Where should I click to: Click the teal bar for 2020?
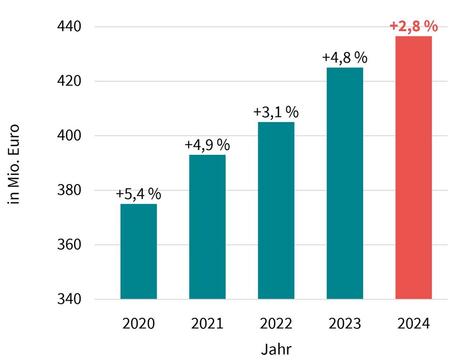tap(139, 251)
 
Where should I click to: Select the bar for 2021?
tap(207, 226)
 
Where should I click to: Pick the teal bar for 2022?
tap(276, 210)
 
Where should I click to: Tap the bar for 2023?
tap(345, 183)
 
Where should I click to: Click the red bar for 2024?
tap(413, 167)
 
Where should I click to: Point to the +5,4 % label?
tap(139, 194)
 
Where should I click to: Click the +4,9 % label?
tap(207, 145)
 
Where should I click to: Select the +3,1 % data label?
tap(276, 112)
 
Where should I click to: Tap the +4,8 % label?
tap(345, 58)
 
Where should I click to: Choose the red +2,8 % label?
tap(414, 26)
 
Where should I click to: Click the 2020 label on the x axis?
tap(139, 324)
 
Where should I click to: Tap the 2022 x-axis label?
tap(276, 324)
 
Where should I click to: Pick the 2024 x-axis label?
tap(413, 324)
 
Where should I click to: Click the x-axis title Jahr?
tap(276, 350)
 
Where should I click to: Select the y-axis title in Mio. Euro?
tap(15, 164)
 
